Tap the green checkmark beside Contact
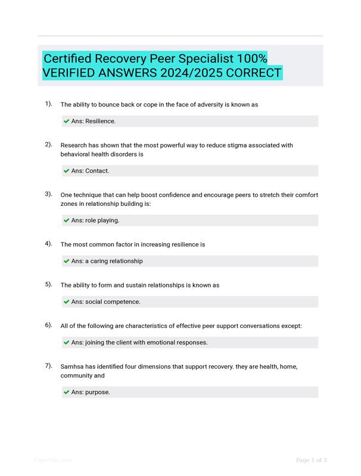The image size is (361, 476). coord(66,171)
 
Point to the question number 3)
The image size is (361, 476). coord(48,194)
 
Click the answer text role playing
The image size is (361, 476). coord(102,220)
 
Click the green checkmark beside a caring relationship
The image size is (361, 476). coord(66,261)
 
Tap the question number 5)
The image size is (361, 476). coord(48,284)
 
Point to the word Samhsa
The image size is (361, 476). coord(73,367)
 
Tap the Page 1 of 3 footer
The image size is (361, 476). coord(311,460)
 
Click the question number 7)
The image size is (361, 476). coord(48,366)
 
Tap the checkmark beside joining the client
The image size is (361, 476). coord(66,343)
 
